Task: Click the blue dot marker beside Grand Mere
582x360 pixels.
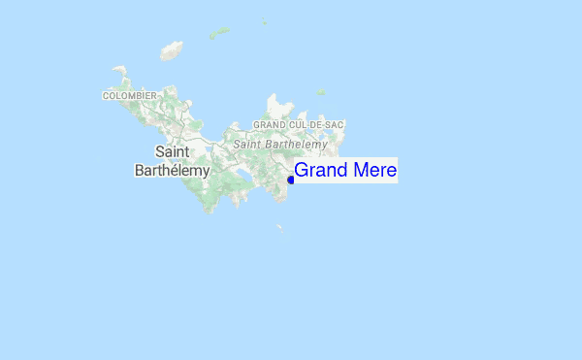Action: click(291, 180)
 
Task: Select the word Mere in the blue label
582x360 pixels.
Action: click(372, 171)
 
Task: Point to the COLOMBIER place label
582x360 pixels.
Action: click(130, 96)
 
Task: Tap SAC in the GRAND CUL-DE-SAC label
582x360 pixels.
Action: click(335, 125)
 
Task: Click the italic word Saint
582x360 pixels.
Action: click(248, 144)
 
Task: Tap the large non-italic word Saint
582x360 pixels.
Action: click(173, 151)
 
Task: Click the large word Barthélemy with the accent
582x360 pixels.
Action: click(172, 171)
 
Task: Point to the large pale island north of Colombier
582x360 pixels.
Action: click(172, 49)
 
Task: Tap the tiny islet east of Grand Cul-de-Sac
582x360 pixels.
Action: click(320, 93)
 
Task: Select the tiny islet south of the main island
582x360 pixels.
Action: click(279, 229)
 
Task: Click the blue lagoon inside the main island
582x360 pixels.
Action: click(239, 177)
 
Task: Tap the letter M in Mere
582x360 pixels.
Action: click(357, 171)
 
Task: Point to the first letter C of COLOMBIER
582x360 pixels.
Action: click(106, 96)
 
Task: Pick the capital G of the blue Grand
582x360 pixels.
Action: click(302, 171)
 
